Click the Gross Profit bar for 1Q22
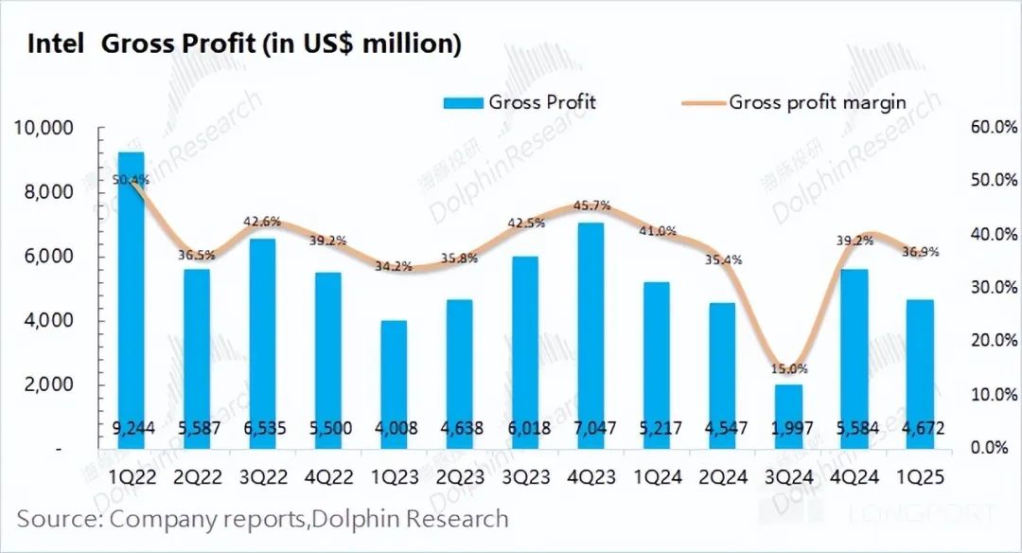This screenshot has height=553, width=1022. (x=132, y=284)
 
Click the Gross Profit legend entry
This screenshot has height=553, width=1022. (x=520, y=102)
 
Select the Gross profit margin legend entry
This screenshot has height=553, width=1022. (x=795, y=102)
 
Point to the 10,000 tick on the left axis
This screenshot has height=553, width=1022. (x=46, y=128)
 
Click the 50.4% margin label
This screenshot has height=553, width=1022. (x=131, y=179)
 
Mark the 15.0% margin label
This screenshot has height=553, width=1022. (x=788, y=368)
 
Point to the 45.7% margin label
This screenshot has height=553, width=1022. (x=591, y=205)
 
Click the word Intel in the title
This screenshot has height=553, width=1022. (x=56, y=44)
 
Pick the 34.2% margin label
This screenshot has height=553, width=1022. (x=394, y=266)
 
